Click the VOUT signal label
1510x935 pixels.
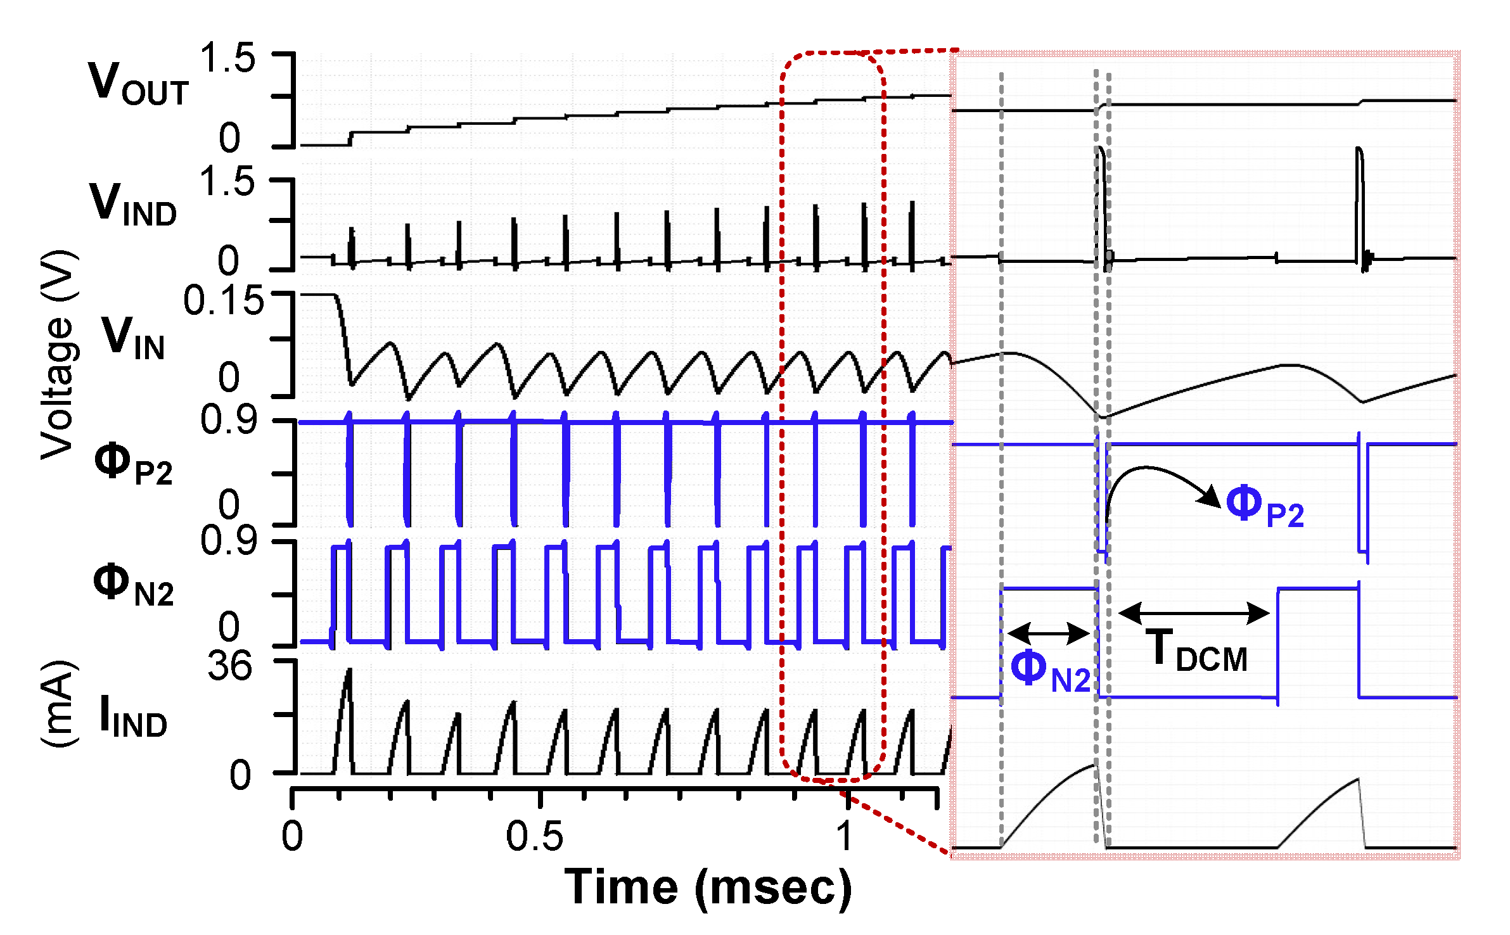click(138, 84)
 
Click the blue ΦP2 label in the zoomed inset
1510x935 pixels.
click(1265, 506)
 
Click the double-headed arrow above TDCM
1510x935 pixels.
click(1194, 613)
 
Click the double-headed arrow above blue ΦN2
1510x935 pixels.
click(1049, 632)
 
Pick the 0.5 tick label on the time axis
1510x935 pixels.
click(534, 836)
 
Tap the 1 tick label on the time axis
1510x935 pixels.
click(844, 836)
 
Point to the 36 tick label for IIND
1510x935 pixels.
click(229, 666)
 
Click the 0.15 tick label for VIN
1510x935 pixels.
click(223, 300)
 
